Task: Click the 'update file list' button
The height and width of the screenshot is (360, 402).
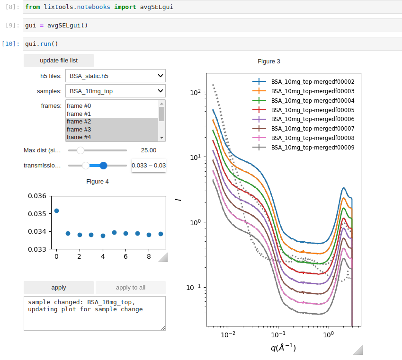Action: [59, 61]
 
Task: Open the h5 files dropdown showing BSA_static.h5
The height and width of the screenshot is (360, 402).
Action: [116, 76]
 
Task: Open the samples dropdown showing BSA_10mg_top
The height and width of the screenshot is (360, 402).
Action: [116, 91]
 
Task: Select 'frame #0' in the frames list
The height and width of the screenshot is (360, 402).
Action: [79, 106]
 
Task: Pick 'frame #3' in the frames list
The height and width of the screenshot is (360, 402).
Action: [79, 130]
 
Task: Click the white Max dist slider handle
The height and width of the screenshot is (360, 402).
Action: [80, 150]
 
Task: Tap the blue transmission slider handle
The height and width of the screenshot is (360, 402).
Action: [103, 166]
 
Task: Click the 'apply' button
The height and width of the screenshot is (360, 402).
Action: [59, 288]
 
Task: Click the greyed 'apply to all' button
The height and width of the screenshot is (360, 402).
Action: [131, 288]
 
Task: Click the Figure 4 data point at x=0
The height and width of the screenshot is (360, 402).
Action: [57, 211]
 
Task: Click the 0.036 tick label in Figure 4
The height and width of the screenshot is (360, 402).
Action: [37, 196]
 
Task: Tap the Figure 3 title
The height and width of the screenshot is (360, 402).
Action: [268, 61]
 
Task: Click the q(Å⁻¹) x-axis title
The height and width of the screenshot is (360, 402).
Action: [283, 347]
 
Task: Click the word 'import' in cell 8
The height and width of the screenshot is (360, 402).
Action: [125, 7]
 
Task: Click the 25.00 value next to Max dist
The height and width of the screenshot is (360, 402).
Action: [149, 150]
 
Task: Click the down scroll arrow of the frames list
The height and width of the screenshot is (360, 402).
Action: [161, 138]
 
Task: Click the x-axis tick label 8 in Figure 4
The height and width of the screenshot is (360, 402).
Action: [149, 256]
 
